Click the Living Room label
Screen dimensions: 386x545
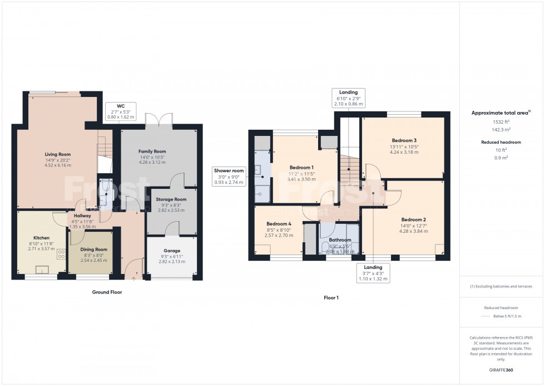[x=58, y=154]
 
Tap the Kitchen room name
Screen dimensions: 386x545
[x=41, y=238]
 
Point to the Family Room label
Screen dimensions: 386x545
[x=152, y=152]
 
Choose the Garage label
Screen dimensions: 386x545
[x=172, y=251]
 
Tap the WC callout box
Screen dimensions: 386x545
[x=121, y=110]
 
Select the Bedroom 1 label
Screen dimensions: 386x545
[x=301, y=167]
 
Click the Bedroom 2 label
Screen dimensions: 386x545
[x=413, y=219]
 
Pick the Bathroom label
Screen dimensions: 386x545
[x=340, y=240]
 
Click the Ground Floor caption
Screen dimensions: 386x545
[x=107, y=292]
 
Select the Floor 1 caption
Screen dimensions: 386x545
[x=331, y=297]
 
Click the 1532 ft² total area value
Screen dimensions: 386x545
[x=501, y=121]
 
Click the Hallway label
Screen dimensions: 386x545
[x=81, y=216]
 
